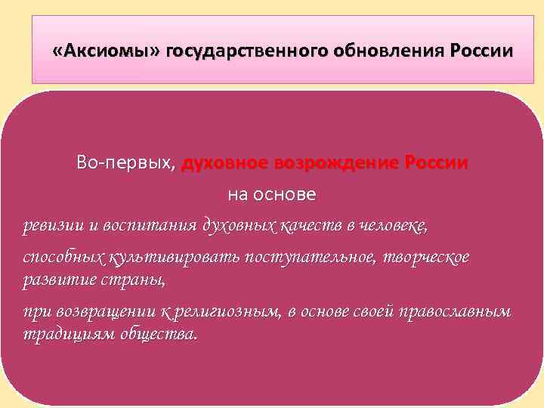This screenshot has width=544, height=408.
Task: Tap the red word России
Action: [x=436, y=162]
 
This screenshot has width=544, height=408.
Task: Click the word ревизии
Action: [x=49, y=225]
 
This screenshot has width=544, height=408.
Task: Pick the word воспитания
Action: [x=144, y=225]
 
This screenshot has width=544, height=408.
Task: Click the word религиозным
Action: [x=230, y=312]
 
